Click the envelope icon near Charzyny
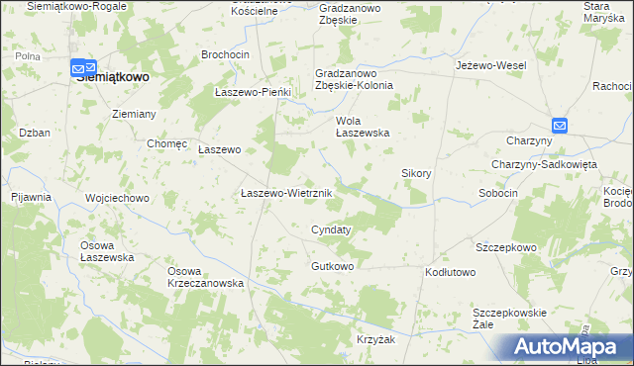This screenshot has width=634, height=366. click(560, 126)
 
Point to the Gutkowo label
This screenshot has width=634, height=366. click(333, 266)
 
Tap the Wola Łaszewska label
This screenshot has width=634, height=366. click(363, 127)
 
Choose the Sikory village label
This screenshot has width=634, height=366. click(416, 173)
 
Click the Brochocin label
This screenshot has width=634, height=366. click(223, 54)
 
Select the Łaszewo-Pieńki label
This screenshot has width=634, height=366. click(253, 92)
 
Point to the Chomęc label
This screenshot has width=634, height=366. click(166, 143)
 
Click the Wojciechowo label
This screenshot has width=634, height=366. click(117, 198)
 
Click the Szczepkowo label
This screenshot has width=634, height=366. click(505, 246)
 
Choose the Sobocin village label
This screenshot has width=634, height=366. click(498, 193)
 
